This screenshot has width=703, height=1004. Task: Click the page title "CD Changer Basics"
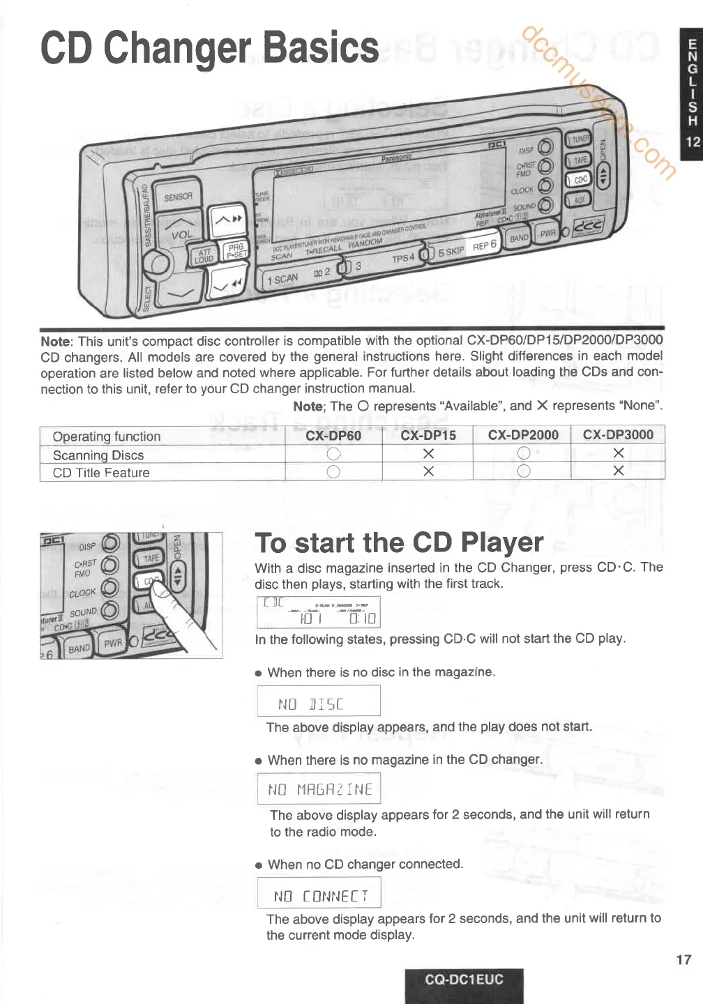[x=209, y=48]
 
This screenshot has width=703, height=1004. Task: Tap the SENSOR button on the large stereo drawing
[x=177, y=197]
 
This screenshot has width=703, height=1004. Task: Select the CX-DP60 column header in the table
[x=333, y=435]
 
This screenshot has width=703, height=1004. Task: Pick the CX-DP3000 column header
[x=617, y=434]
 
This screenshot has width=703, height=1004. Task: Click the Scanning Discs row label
[x=98, y=455]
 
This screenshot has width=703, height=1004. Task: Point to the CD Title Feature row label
[x=101, y=473]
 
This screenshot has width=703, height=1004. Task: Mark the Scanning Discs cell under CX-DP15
[x=428, y=454]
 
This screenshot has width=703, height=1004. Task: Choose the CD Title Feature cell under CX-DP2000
[x=523, y=471]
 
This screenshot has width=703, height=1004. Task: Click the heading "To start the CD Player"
[x=399, y=542]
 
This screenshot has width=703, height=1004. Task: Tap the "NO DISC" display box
[x=319, y=701]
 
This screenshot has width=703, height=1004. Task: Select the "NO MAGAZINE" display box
[x=319, y=789]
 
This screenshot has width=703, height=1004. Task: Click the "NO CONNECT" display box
[x=319, y=893]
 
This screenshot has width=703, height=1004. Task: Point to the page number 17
[x=683, y=959]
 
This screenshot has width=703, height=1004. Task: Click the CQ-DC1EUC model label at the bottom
[x=464, y=979]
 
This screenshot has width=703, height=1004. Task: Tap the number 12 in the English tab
[x=693, y=142]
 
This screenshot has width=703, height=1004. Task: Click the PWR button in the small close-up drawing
[x=113, y=642]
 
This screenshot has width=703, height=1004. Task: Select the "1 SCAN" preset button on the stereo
[x=284, y=280]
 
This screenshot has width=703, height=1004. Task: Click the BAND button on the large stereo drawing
[x=519, y=238]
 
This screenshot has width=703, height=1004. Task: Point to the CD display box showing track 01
[x=319, y=612]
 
